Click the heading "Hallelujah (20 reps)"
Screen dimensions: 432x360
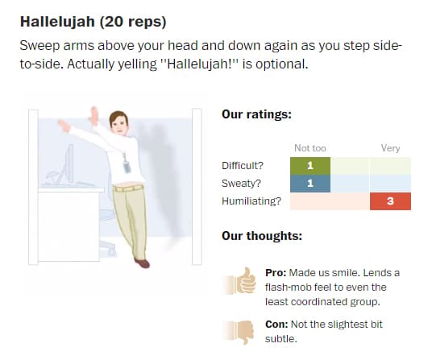coord(93,22)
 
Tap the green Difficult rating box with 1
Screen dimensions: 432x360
coord(310,166)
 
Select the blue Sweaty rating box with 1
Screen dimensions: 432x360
coord(310,184)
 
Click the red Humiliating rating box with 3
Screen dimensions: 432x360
coord(390,201)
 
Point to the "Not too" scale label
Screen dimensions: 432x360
coord(310,148)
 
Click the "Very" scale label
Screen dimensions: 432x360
coord(390,148)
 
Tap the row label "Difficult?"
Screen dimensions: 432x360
coord(243,166)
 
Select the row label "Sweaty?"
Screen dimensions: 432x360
coord(241,184)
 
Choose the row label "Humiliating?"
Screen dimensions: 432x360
coord(251,201)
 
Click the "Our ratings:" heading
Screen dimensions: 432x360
coord(256,114)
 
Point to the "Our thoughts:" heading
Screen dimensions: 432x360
coord(262,236)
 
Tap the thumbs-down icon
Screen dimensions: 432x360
coord(239,331)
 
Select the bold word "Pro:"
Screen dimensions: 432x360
coord(276,273)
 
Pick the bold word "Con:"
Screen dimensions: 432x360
coord(276,325)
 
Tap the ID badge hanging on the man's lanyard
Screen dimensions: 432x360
coord(127,166)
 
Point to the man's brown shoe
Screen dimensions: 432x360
coord(142,263)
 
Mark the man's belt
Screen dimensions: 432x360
coord(129,188)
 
